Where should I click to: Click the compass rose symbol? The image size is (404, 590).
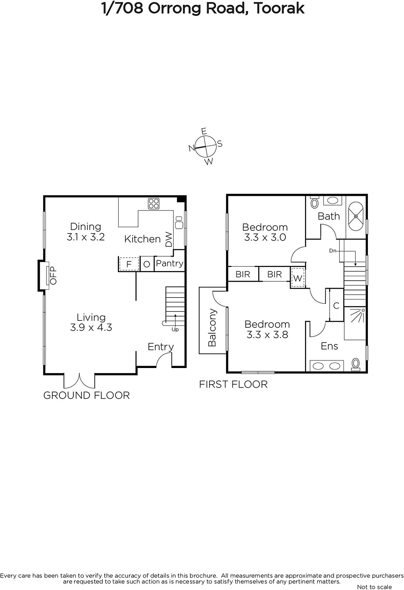[x=205, y=146]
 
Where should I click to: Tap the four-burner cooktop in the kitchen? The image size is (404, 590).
[x=154, y=204]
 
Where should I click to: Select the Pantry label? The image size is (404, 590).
[x=170, y=263]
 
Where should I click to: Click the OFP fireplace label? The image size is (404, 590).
[x=53, y=275]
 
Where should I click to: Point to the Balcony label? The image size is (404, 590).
[x=212, y=327]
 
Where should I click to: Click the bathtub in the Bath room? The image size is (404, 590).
[x=356, y=216]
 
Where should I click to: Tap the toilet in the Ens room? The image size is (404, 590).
[x=356, y=364]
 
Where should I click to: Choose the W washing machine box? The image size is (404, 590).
[x=298, y=278]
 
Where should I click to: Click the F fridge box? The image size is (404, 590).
[x=129, y=264]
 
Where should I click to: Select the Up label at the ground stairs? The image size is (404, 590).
[x=175, y=330]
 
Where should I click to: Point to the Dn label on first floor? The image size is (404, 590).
[x=333, y=251]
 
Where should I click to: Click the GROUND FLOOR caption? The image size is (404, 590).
[x=87, y=395]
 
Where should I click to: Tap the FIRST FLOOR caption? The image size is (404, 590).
[x=233, y=384]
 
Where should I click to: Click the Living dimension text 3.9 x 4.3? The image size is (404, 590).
[x=91, y=327]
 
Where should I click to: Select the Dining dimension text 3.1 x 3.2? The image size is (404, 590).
[x=86, y=237]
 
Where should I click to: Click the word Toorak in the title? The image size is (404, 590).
[x=279, y=9]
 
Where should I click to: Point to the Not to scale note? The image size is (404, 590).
[x=374, y=587]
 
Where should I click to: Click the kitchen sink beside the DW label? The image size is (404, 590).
[x=179, y=222]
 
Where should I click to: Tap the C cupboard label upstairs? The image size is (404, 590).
[x=336, y=306]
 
